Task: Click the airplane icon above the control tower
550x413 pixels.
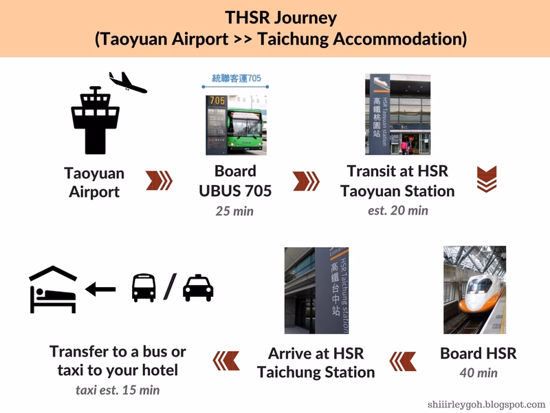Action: point(128,83)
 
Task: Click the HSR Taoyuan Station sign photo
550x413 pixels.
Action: point(397,114)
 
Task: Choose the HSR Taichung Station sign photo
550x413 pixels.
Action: point(316,290)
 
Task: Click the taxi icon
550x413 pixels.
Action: point(198,287)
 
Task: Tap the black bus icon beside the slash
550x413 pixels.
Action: point(144,287)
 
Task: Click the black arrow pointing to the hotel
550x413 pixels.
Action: point(100,290)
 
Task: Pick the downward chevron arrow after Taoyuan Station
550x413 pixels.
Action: point(486,180)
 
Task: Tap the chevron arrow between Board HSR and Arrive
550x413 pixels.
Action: point(403,360)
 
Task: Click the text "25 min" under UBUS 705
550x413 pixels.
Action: point(234,211)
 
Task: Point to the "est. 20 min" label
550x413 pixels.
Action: point(397,210)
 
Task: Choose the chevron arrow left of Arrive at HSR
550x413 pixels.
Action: point(226,360)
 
